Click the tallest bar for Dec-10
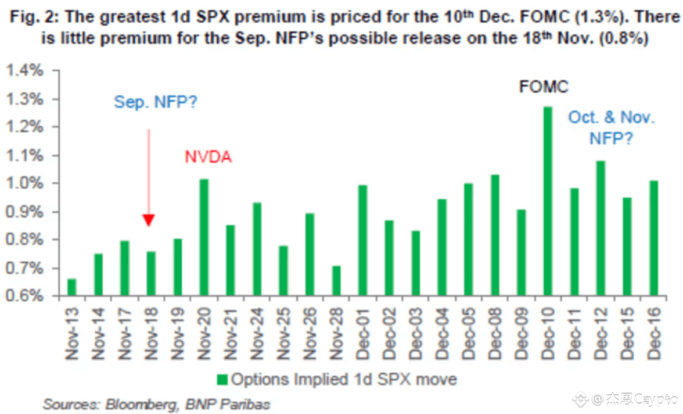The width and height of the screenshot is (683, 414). pyautogui.click(x=547, y=201)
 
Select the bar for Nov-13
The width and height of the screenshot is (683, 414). pyautogui.click(x=72, y=287)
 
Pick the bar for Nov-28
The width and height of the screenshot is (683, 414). pyautogui.click(x=336, y=281)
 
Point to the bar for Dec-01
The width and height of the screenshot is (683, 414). pyautogui.click(x=362, y=240)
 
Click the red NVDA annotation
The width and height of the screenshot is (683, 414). pyautogui.click(x=208, y=157)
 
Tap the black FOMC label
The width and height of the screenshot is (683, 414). pyautogui.click(x=544, y=87)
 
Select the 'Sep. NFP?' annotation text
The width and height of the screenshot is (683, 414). pyautogui.click(x=156, y=102)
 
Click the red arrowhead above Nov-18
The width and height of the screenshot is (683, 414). pyautogui.click(x=149, y=220)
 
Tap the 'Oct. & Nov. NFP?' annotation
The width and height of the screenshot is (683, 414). pyautogui.click(x=611, y=127)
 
